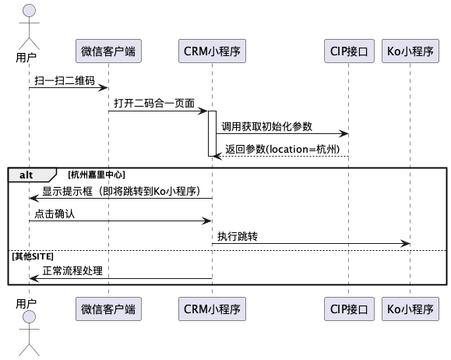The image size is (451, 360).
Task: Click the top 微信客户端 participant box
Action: point(108,51)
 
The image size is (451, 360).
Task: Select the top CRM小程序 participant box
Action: point(213,51)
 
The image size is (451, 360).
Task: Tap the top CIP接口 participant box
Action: point(349,51)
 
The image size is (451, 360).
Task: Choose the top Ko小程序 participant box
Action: point(410,51)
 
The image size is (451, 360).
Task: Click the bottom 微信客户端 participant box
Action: point(108,309)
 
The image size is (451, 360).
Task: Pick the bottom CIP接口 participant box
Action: point(349,309)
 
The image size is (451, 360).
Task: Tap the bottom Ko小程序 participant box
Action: point(410,309)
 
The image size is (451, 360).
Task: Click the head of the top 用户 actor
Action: point(29,10)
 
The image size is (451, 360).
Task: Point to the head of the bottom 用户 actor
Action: point(29,317)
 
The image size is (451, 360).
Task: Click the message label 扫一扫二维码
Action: point(65,80)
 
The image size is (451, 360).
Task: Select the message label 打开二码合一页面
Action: point(154,104)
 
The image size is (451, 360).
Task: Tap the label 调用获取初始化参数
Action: point(266,126)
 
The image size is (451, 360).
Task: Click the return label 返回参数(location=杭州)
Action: point(283,149)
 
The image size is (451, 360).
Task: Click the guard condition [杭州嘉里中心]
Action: point(97,175)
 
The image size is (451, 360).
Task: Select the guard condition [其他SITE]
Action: point(33,256)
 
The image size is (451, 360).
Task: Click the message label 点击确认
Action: point(55,214)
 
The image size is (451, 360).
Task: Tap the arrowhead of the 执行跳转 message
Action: point(405,244)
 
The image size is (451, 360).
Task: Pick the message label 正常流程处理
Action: point(72,271)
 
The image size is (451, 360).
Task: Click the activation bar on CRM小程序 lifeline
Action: point(213,133)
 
